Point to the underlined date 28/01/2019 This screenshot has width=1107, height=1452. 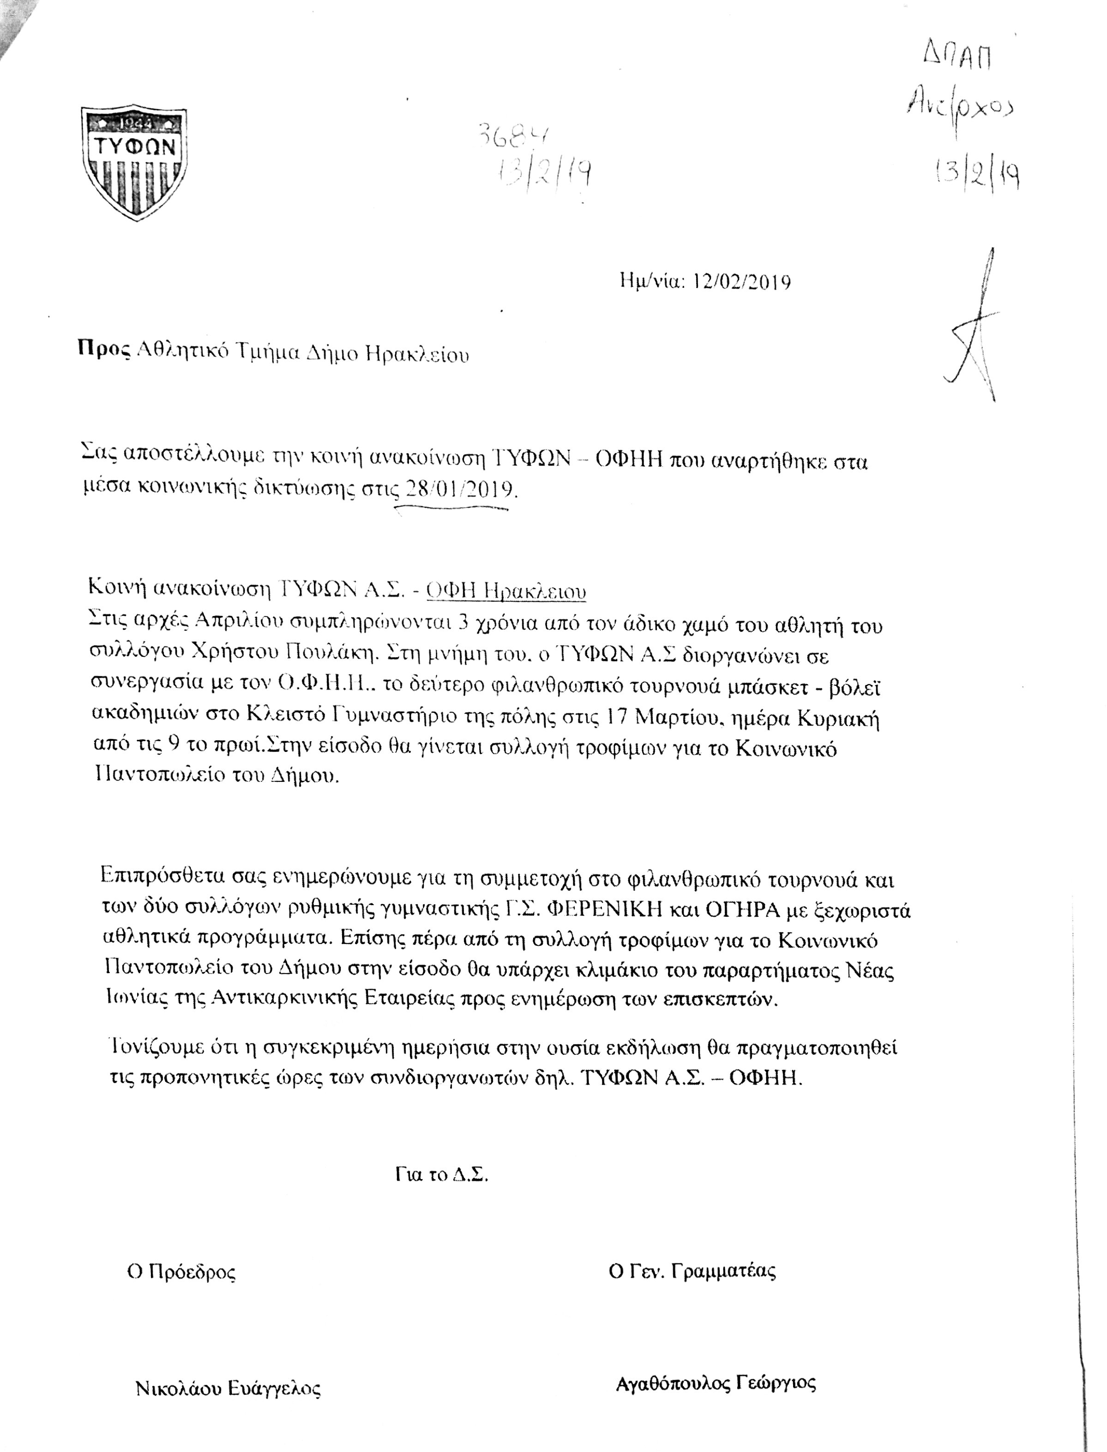(459, 490)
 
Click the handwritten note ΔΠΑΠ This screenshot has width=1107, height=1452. (957, 58)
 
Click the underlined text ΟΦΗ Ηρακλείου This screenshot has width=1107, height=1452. (506, 591)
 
